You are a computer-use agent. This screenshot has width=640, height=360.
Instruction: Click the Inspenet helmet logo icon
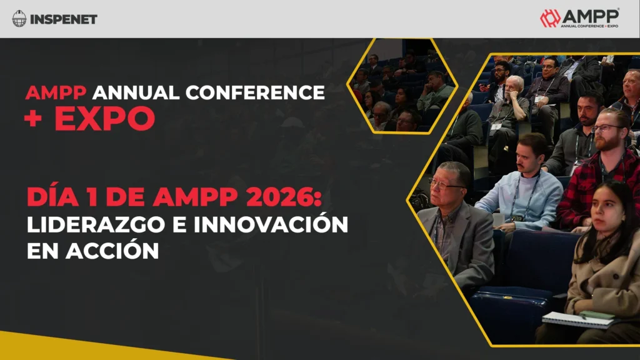[19, 19]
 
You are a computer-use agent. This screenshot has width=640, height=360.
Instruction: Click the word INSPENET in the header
[63, 19]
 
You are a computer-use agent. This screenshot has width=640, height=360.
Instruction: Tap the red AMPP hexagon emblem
[550, 18]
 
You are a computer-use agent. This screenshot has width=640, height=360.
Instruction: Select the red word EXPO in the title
[104, 118]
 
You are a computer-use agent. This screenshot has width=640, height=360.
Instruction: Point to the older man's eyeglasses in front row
[446, 183]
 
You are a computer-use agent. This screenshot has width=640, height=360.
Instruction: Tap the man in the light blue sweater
[525, 187]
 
